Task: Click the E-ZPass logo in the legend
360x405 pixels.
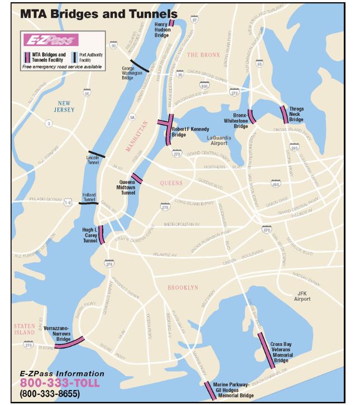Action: click(50, 40)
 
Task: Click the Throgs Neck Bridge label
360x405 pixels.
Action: click(296, 114)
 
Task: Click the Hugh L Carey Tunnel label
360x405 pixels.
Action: click(89, 233)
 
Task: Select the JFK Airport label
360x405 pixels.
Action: click(303, 296)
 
